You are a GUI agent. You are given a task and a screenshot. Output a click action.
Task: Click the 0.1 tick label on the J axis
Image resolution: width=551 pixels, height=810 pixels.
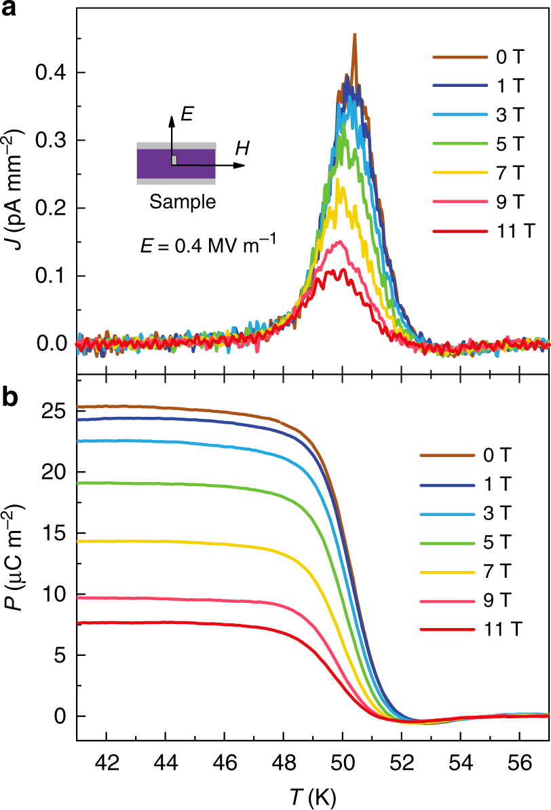(51, 276)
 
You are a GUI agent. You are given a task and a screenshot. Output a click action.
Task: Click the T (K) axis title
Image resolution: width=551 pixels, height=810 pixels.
(313, 792)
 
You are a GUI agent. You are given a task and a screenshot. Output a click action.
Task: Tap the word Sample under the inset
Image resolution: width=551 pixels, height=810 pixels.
(183, 202)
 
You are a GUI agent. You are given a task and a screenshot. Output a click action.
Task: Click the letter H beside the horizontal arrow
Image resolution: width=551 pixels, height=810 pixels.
(241, 147)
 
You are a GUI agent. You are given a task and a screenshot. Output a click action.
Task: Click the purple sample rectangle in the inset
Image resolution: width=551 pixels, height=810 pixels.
(156, 164)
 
